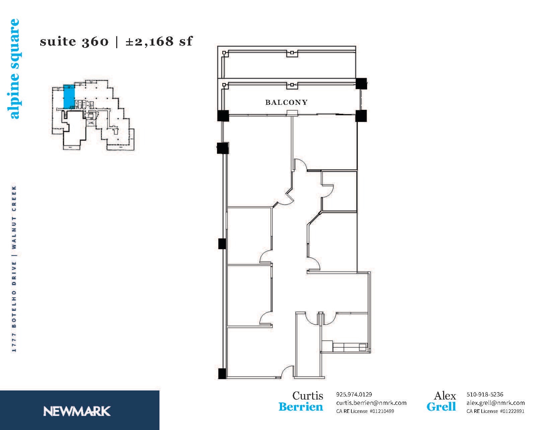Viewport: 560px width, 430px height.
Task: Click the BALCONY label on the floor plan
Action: click(x=286, y=102)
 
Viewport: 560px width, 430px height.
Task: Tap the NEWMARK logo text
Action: click(x=77, y=411)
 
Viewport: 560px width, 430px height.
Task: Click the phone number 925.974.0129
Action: click(x=354, y=395)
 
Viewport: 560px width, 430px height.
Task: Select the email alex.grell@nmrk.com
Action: click(x=495, y=403)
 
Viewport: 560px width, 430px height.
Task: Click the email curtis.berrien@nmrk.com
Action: click(x=371, y=403)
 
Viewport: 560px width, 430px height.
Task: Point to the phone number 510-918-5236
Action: click(x=485, y=395)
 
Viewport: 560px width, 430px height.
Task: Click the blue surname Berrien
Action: click(x=300, y=407)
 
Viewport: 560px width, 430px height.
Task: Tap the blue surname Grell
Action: click(x=441, y=407)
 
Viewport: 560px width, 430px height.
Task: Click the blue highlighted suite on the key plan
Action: click(x=69, y=96)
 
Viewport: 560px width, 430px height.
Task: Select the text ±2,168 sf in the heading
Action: click(x=159, y=42)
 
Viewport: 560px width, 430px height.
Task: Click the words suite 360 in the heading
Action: click(x=74, y=42)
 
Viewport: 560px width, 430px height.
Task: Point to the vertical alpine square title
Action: click(x=15, y=69)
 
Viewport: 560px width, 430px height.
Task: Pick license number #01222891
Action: click(x=512, y=411)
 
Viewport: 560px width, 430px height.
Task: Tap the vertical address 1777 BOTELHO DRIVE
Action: click(x=14, y=306)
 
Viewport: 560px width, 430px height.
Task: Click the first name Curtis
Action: click(x=307, y=396)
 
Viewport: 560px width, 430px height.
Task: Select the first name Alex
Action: click(x=445, y=396)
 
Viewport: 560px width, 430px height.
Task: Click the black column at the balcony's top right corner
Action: click(x=361, y=83)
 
